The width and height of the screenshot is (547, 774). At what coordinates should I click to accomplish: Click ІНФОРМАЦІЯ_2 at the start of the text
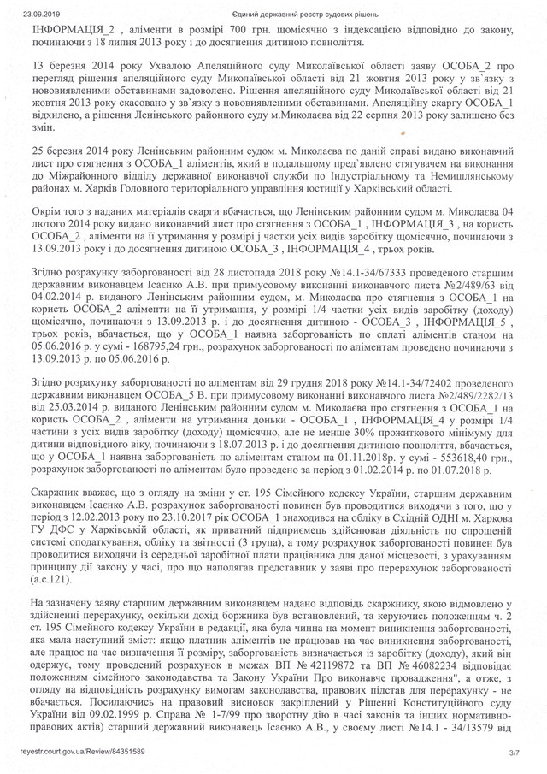coord(66,29)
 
